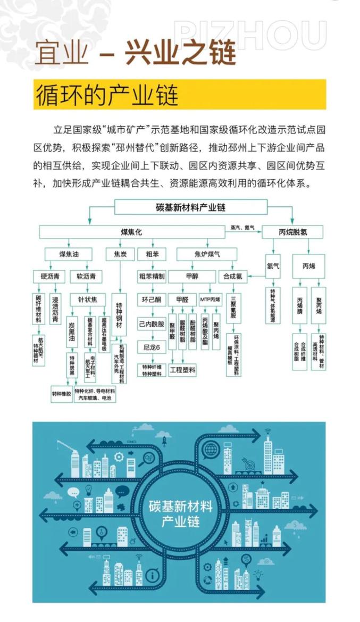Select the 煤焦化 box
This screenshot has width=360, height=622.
coord(131,231)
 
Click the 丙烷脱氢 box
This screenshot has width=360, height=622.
coord(292,231)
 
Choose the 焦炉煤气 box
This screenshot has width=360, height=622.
coord(207,254)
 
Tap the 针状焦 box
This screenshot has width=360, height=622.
coord(87,299)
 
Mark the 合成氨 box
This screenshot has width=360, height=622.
coord(232,276)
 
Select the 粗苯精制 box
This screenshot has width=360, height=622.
coord(152,276)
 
